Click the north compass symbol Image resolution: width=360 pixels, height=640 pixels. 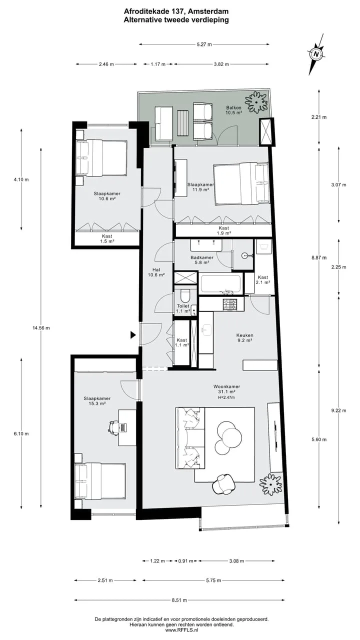[316, 54]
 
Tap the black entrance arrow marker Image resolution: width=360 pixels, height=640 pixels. [133, 335]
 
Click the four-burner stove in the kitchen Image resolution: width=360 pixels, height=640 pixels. [230, 304]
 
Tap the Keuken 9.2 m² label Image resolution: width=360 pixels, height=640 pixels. [244, 337]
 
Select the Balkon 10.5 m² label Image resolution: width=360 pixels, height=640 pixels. [233, 110]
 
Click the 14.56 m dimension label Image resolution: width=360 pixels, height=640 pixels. [41, 328]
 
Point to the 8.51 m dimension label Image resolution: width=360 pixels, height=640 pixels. [179, 600]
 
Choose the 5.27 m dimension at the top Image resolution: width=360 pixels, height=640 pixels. [204, 44]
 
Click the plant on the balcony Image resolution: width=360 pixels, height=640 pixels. [256, 102]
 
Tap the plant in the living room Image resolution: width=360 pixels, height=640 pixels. [270, 484]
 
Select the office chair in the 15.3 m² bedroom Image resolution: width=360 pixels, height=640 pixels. [113, 427]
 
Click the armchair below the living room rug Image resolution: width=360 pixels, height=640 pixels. [224, 483]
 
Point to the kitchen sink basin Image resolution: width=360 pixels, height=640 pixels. [206, 330]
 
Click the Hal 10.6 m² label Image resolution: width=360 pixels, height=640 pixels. [156, 272]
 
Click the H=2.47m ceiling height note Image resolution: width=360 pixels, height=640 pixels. [226, 397]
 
